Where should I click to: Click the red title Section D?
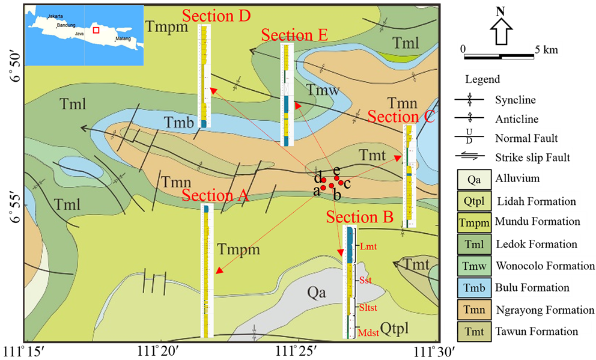point(216,16)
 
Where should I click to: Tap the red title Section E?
point(294,35)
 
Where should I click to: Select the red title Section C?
point(401,117)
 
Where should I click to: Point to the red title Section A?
point(215,195)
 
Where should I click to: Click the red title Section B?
point(359,217)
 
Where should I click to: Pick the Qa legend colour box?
point(474,179)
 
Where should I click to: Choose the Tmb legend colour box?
point(474,288)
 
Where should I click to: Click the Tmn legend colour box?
point(474,310)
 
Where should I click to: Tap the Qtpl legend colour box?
point(474,201)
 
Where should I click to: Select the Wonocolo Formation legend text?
point(545,266)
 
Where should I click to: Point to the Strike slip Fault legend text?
point(532,159)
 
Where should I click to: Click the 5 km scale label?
point(546,50)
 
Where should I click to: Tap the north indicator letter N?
point(500,13)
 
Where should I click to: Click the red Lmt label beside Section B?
point(368,246)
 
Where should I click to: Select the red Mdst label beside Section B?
point(368,332)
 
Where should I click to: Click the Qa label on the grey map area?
point(316,293)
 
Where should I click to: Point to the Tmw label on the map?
point(323,91)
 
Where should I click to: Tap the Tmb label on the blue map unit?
point(180,123)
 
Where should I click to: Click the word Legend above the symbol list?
point(482,79)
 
